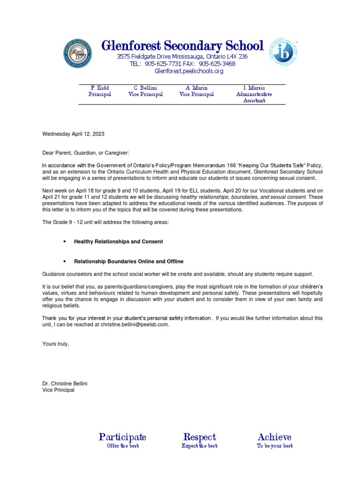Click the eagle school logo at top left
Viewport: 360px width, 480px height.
point(77,53)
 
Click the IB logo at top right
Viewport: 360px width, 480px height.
point(283,52)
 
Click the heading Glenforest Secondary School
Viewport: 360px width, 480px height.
point(183,46)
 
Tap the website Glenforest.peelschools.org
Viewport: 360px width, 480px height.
point(189,71)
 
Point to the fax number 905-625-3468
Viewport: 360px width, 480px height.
point(217,64)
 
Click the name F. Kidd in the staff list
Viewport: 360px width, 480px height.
point(100,88)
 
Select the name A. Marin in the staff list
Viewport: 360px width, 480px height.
point(196,88)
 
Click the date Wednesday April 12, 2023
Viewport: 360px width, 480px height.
point(74,134)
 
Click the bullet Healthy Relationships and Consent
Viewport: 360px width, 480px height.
point(119,241)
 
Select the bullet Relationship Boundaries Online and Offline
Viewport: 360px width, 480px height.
point(128,261)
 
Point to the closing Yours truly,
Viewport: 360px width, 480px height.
point(56,344)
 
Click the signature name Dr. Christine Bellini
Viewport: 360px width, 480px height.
point(65,383)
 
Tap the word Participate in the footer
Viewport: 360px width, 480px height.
point(122,437)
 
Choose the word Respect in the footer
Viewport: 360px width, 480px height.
point(199,437)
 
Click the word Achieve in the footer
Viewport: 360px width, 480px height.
point(274,437)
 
